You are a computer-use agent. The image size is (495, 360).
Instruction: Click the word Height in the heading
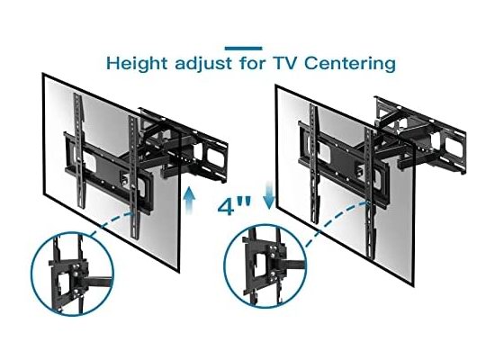(137, 63)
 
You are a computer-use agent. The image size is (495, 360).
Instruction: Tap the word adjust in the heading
(203, 64)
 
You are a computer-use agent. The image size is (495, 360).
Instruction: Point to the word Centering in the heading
(350, 64)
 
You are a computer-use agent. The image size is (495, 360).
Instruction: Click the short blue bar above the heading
(243, 49)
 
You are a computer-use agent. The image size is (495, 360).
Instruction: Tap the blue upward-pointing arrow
(189, 200)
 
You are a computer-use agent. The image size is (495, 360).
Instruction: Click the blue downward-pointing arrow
(269, 195)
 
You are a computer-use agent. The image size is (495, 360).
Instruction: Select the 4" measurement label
(234, 207)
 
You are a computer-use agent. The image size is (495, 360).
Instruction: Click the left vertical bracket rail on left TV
(79, 150)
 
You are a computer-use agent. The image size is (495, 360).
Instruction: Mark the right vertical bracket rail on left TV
(134, 176)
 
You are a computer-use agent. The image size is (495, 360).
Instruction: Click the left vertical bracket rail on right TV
(314, 164)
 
